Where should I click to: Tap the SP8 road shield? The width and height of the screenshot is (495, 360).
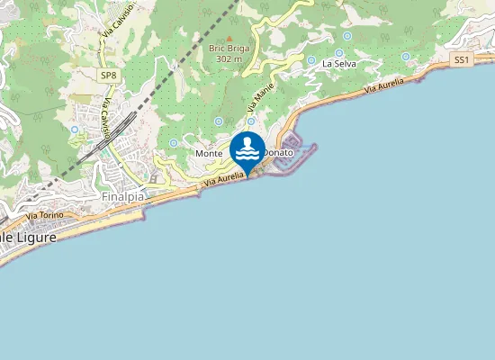108,76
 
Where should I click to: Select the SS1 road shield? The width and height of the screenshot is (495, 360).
462,59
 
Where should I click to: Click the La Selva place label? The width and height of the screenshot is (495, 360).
338,65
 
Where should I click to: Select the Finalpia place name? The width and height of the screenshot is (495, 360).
123,194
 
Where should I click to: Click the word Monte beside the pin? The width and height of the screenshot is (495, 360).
209,154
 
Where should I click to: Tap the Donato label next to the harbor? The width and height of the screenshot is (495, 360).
278,154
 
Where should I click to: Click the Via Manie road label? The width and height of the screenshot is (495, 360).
259,96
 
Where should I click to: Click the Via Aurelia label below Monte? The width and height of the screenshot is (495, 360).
224,180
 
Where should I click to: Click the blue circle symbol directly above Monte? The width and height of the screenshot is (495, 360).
219,121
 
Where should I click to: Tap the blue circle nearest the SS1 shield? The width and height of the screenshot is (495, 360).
406,57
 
